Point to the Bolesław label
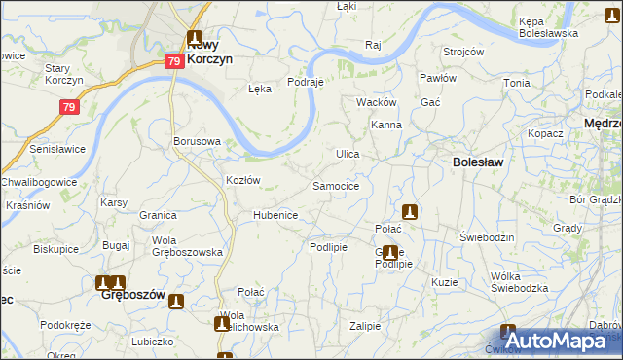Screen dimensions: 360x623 (477, 162)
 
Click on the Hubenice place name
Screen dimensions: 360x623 (275, 215)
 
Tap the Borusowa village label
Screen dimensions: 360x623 (197, 141)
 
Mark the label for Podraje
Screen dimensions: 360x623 (305, 83)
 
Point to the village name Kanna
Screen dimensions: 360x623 (386, 126)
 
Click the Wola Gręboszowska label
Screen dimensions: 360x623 (188, 246)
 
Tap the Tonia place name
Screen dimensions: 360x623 (516, 83)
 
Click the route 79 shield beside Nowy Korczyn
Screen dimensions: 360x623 (173, 61)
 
